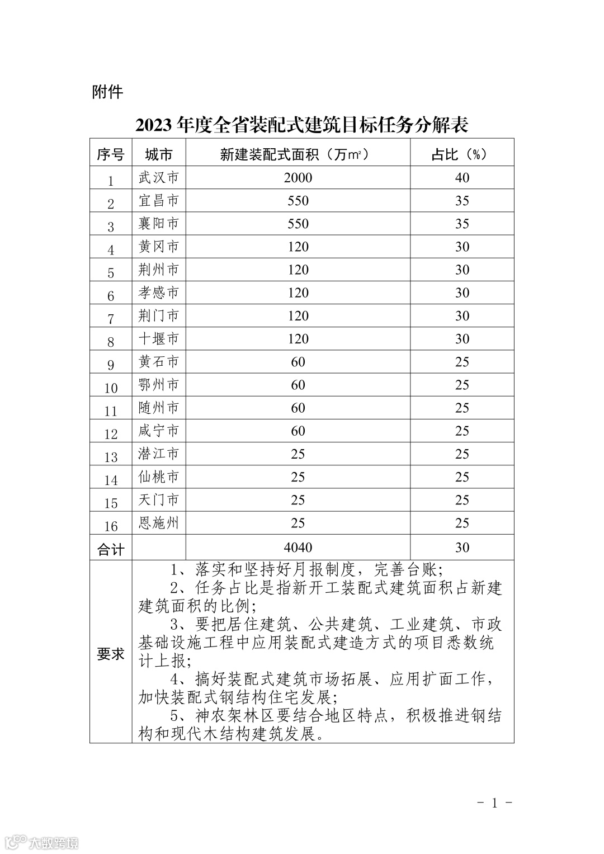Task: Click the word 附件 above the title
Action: [x=107, y=92]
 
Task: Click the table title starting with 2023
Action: [x=301, y=125]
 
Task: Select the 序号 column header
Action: [x=111, y=154]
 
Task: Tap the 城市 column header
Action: [x=158, y=154]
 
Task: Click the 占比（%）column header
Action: [x=461, y=154]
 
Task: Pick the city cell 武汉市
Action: [x=158, y=178]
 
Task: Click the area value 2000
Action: [x=298, y=178]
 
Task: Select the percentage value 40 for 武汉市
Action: [x=462, y=178]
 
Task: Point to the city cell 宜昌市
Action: [x=158, y=201]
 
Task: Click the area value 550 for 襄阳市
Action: [x=298, y=224]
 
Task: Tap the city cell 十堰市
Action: [x=158, y=339]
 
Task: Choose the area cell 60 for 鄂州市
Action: [x=298, y=385]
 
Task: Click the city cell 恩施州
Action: [x=158, y=523]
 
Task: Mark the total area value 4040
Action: [x=298, y=547]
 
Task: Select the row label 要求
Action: [x=111, y=653]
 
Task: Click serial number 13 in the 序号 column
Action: [x=111, y=457]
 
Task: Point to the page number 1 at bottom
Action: [x=494, y=803]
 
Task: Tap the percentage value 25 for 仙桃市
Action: [x=462, y=477]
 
